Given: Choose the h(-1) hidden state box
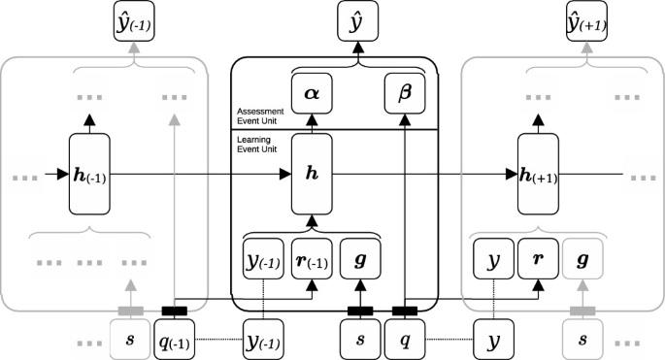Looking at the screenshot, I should click(90, 175).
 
